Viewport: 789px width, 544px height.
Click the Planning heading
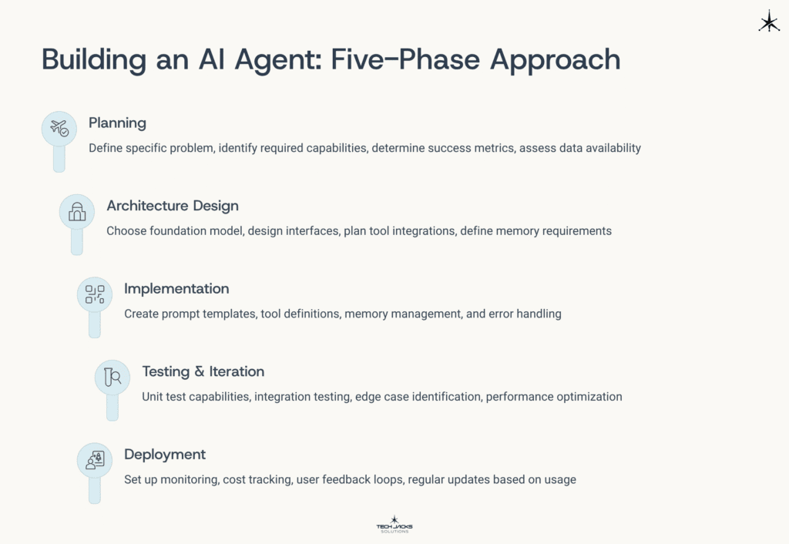(117, 123)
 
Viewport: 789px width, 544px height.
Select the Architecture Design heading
(173, 206)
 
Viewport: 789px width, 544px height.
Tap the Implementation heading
(176, 289)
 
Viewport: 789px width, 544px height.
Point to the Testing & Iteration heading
(203, 371)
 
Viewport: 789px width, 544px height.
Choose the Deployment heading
(165, 455)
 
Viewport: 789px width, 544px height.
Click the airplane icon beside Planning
(59, 129)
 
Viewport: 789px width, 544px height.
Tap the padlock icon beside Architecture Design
(77, 212)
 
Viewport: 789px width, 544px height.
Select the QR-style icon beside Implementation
(95, 294)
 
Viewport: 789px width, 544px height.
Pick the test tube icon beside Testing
(112, 377)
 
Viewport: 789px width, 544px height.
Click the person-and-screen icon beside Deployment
(95, 460)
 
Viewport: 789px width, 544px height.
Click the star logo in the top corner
(768, 22)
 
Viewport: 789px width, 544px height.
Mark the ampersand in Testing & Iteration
(200, 371)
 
